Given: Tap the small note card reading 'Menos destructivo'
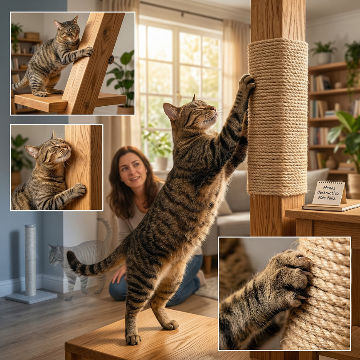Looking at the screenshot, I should coord(329,192).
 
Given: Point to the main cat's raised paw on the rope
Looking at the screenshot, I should coord(247,83).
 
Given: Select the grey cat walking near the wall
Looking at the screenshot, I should coord(80,258).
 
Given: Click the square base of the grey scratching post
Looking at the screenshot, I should coord(31,296).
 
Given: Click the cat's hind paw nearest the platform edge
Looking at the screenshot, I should coord(133,339).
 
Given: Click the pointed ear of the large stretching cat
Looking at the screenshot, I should coord(171,111).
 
